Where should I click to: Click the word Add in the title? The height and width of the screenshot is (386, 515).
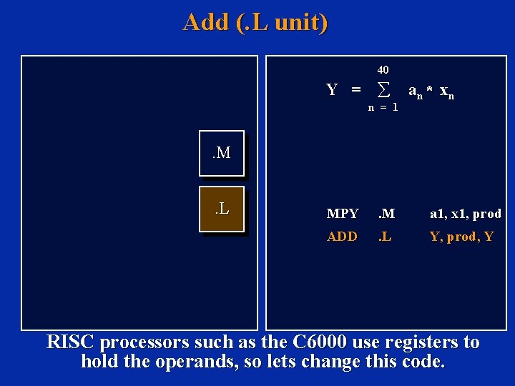205,22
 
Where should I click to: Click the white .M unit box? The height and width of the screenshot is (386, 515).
222,153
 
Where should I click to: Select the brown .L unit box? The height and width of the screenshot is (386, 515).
222,209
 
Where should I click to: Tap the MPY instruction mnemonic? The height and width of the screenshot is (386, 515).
343,214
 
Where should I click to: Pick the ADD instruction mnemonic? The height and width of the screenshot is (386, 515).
342,237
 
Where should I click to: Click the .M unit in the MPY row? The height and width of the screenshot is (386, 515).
387,214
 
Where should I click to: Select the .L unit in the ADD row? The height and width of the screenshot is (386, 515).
386,237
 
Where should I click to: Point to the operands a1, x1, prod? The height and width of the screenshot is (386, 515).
466,214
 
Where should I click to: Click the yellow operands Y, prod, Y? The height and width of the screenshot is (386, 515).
461,237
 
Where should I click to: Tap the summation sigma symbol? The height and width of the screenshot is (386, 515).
383,90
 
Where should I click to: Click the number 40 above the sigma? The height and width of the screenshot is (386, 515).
383,70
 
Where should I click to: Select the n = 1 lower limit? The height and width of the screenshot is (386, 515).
383,107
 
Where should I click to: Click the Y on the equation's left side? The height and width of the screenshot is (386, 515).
332,90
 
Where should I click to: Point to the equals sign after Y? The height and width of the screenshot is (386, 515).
355,90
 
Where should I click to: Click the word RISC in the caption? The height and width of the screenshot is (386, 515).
71,342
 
